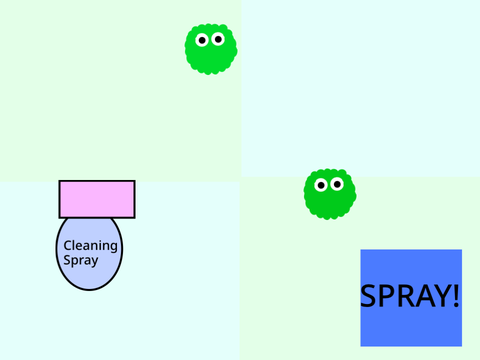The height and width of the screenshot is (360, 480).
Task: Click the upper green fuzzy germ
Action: point(211,49)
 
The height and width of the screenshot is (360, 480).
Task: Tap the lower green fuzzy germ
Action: point(330,194)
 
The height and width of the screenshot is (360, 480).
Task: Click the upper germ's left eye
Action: point(202,40)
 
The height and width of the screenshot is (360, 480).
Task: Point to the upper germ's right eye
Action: point(218,39)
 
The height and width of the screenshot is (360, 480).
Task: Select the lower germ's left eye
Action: point(321,185)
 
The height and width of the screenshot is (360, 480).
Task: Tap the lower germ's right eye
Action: point(337,184)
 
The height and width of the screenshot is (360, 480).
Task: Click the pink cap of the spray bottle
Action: point(97,199)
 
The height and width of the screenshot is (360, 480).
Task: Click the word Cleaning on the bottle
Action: point(90,246)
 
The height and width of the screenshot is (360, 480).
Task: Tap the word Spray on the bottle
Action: point(81,260)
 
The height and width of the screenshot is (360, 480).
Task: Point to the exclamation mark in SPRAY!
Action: point(456,295)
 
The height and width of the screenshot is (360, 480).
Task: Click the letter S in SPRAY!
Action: point(368,296)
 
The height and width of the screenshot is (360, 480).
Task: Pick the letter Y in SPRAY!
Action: point(442,296)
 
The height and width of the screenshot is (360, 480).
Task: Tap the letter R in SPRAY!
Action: point(403,296)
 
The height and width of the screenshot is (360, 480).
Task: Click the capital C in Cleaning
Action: point(68,246)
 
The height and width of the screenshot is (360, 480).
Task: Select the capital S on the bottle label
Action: point(67,260)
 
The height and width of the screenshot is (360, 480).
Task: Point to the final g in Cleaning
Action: point(113,248)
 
